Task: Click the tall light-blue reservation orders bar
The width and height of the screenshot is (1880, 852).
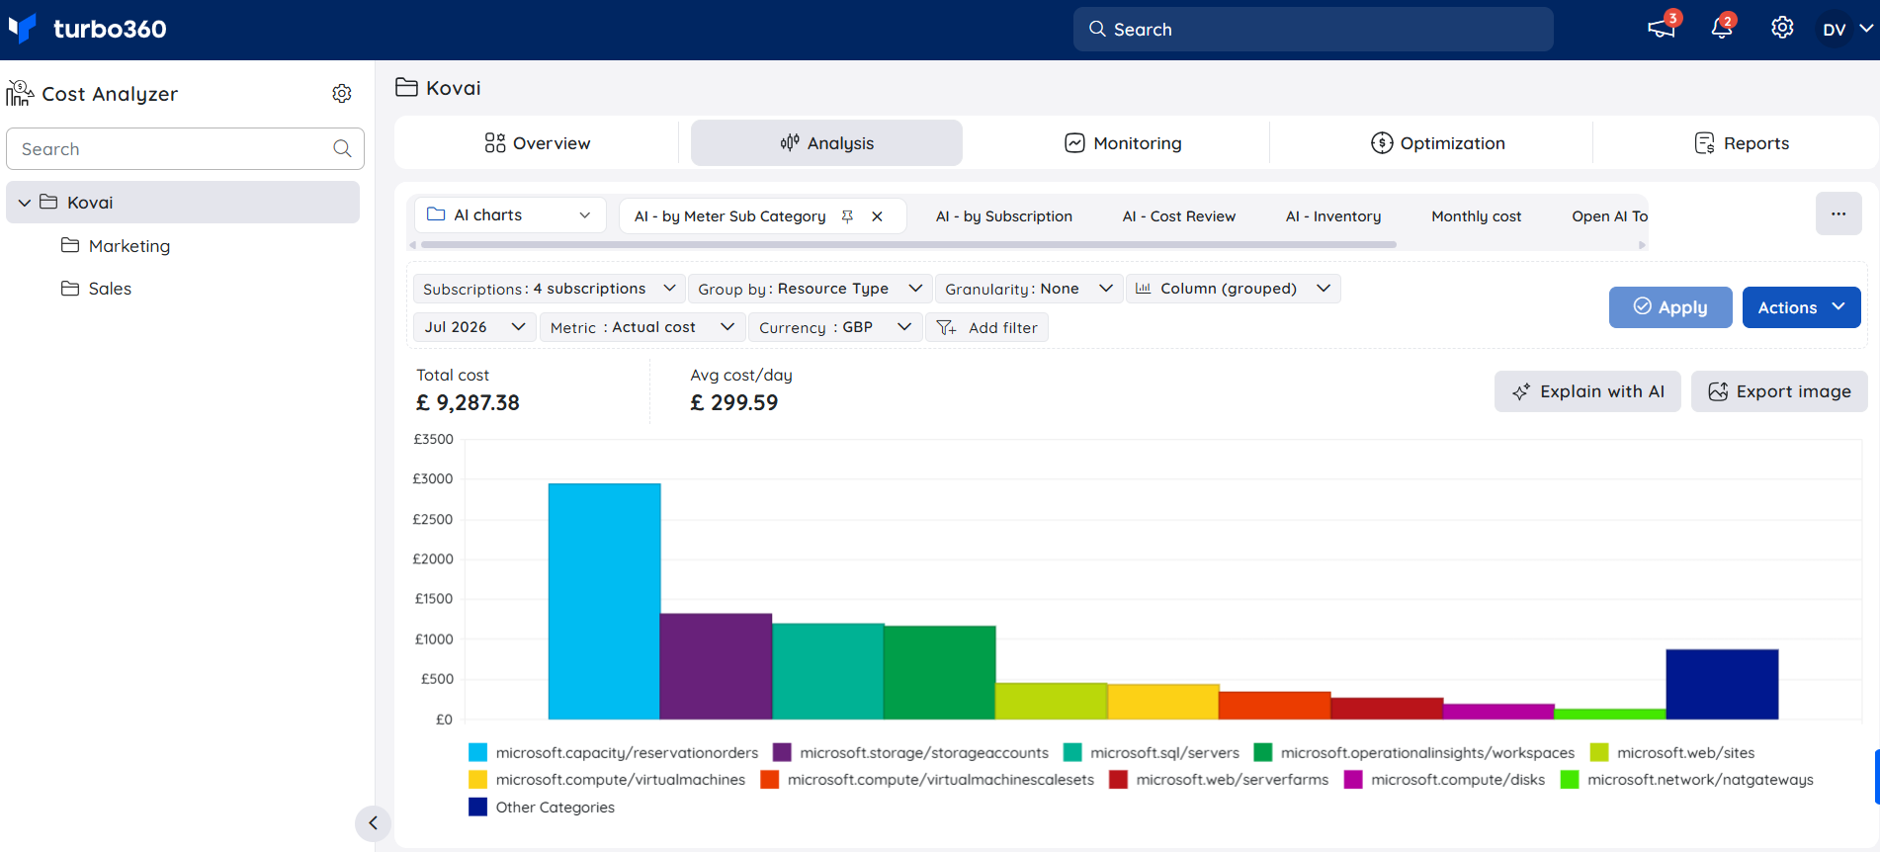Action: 604,601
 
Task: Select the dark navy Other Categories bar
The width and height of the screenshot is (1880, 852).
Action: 1722,684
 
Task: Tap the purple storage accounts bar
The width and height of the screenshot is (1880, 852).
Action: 716,666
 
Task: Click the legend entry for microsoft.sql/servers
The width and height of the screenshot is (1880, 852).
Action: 1152,753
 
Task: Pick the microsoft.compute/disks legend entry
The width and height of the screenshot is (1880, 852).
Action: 1444,780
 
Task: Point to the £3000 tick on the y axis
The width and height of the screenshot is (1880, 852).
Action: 433,478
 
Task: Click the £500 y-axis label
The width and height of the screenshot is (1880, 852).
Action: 437,679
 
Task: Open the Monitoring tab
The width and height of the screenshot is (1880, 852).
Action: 1123,143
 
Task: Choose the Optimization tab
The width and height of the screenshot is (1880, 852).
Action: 1438,143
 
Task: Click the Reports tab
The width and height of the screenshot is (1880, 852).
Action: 1742,143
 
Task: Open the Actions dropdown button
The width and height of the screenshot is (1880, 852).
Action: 1801,307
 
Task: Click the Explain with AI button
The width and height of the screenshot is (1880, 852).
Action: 1587,391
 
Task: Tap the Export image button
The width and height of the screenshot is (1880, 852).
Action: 1779,391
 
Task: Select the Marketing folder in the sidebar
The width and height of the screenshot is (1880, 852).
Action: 116,246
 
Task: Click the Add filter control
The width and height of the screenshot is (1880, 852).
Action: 986,327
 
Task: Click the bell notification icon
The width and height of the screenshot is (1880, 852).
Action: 1722,28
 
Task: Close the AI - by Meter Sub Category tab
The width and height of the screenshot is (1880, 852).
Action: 877,216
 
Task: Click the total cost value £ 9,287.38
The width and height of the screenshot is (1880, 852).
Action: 468,403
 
